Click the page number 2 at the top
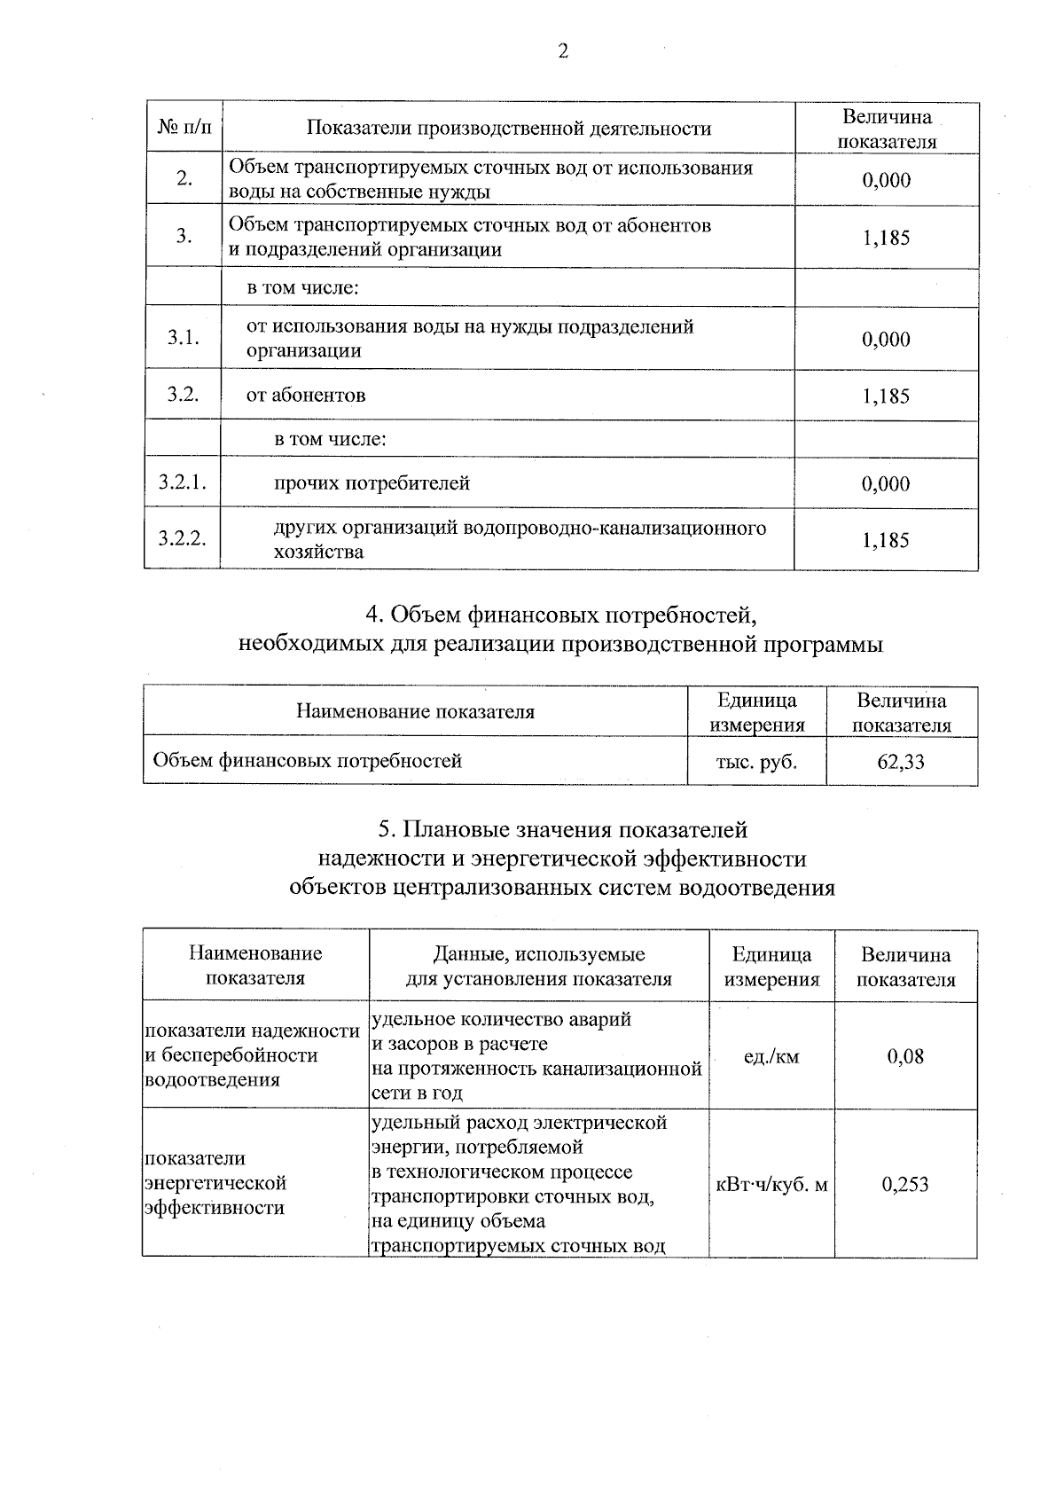(x=563, y=51)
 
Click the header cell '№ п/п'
(x=184, y=129)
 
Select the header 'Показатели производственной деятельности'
(x=508, y=129)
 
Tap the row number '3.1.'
(x=183, y=338)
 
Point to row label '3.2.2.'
(x=183, y=538)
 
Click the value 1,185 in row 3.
(x=886, y=237)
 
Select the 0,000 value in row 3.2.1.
(x=886, y=483)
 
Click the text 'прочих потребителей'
(x=372, y=483)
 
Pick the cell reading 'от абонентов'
(x=305, y=396)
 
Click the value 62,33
(x=901, y=761)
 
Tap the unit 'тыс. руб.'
(x=756, y=761)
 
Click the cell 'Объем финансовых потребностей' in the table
(x=308, y=760)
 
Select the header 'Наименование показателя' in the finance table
(x=415, y=711)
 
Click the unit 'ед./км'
(x=771, y=1056)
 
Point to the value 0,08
(x=905, y=1056)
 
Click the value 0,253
(x=905, y=1184)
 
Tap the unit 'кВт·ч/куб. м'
(x=771, y=1184)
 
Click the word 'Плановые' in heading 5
(x=459, y=830)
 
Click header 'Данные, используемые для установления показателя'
(x=538, y=967)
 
